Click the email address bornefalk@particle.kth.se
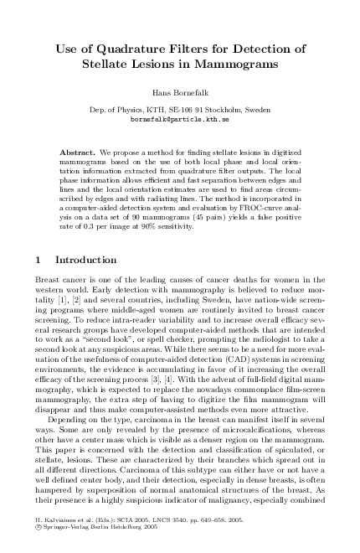pos(180,120)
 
